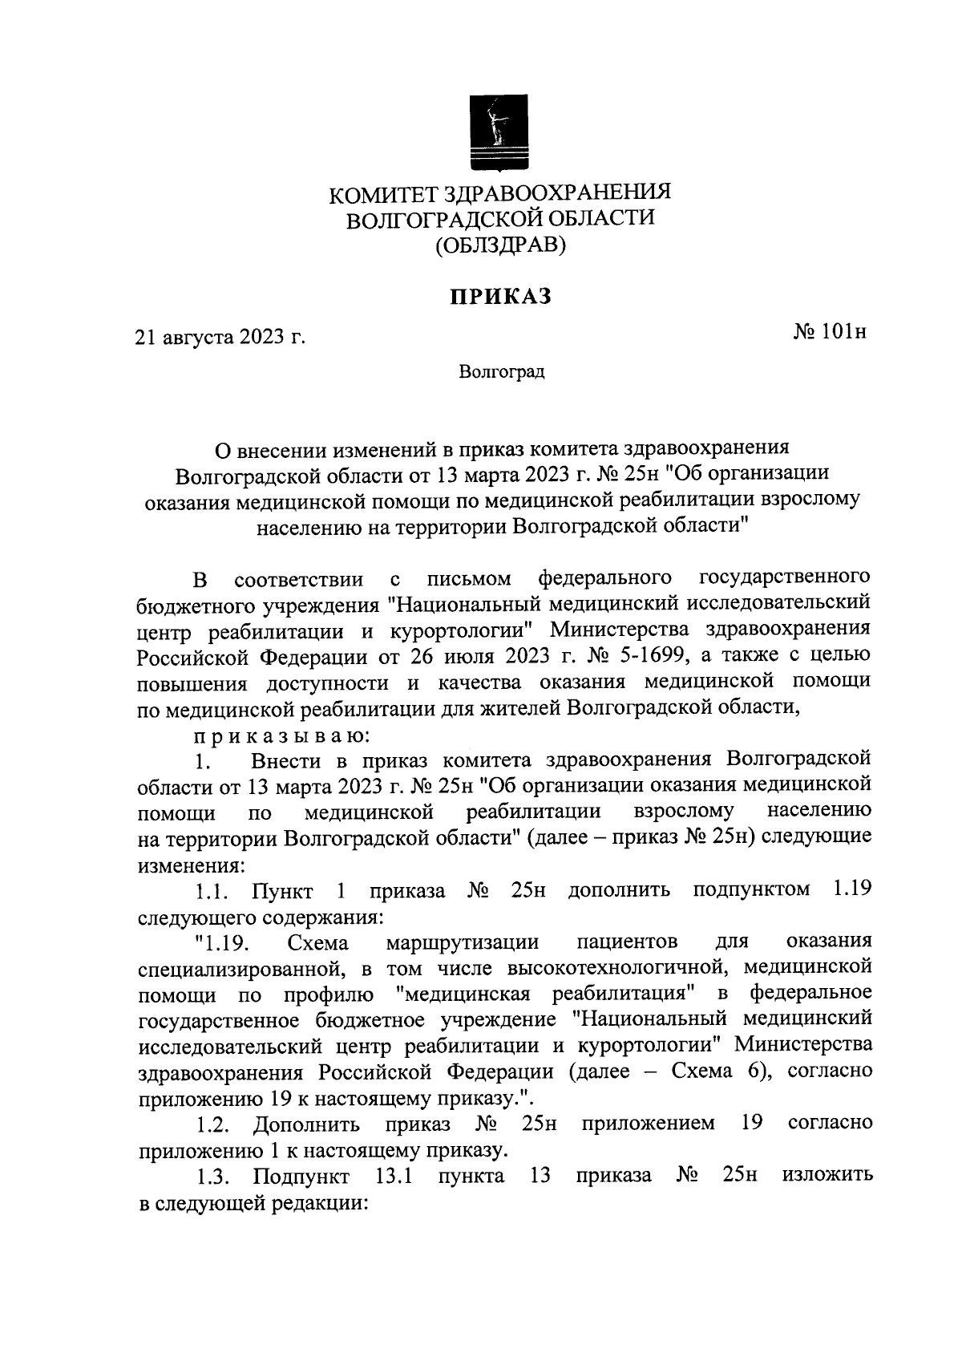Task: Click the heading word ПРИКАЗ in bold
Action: click(x=500, y=297)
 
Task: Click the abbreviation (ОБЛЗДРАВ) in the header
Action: click(x=500, y=245)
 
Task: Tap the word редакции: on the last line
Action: click(x=321, y=1204)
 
